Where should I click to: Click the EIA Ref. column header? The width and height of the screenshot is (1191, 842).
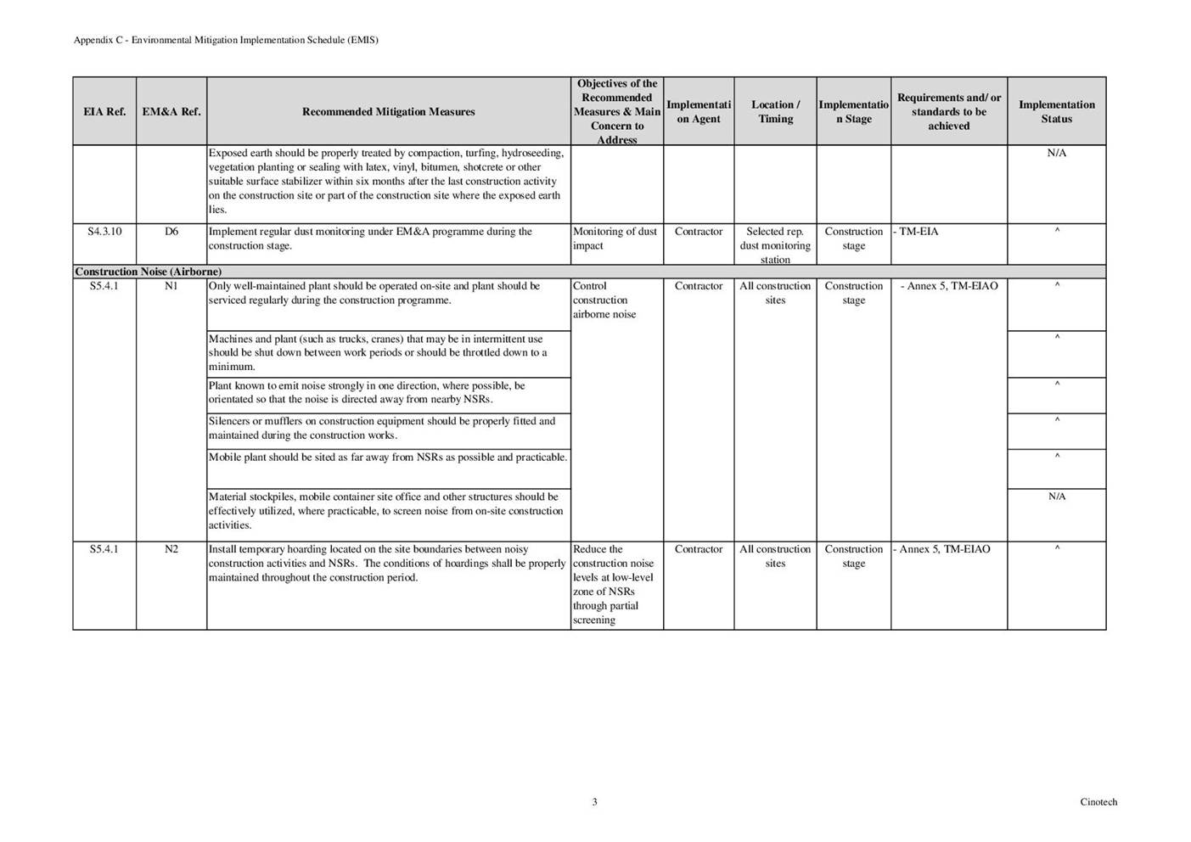pyautogui.click(x=104, y=112)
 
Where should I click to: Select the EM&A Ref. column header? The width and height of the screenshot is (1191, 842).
pyautogui.click(x=171, y=112)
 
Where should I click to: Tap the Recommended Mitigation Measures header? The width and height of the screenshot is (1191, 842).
pyautogui.click(x=388, y=112)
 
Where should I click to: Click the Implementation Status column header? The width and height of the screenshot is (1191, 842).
pyautogui.click(x=1056, y=112)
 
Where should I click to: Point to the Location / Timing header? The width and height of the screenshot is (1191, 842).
pyautogui.click(x=775, y=112)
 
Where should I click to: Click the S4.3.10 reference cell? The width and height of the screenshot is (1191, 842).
pyautogui.click(x=104, y=232)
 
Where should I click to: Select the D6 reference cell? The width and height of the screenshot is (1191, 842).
pyautogui.click(x=171, y=232)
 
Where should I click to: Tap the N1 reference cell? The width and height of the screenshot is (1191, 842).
pyautogui.click(x=171, y=286)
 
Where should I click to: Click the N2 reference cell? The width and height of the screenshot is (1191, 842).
pyautogui.click(x=171, y=549)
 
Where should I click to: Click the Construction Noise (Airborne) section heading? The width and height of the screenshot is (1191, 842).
pyautogui.click(x=149, y=272)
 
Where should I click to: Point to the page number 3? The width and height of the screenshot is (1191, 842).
pyautogui.click(x=594, y=802)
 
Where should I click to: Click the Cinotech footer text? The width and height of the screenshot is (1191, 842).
pyautogui.click(x=1098, y=802)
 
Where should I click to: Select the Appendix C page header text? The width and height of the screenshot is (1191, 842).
pyautogui.click(x=226, y=40)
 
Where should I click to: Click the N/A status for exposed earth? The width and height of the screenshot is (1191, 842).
pyautogui.click(x=1056, y=154)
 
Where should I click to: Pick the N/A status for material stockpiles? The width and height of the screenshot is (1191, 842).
pyautogui.click(x=1056, y=497)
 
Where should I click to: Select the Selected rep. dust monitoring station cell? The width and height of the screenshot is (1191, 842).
pyautogui.click(x=775, y=245)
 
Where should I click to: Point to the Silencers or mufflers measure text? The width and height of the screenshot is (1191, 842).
pyautogui.click(x=382, y=428)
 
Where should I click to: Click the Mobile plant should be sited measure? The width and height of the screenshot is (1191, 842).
pyautogui.click(x=388, y=457)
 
